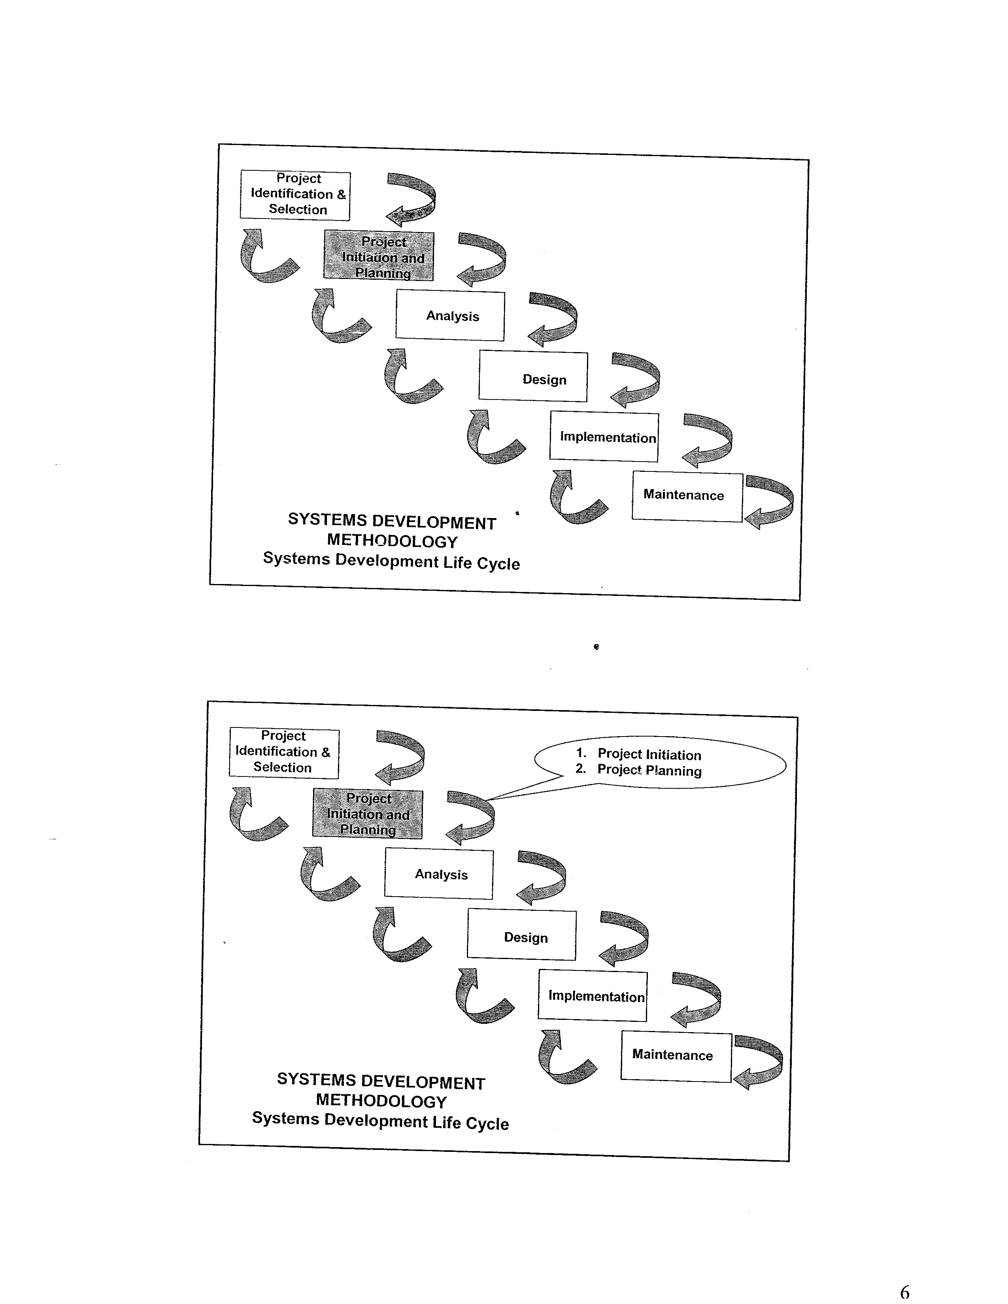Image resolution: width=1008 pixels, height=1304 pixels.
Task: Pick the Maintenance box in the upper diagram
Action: tap(687, 497)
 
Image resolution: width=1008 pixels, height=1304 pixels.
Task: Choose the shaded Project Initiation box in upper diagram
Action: tap(379, 256)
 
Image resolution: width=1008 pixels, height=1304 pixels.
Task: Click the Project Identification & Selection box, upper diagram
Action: tap(295, 195)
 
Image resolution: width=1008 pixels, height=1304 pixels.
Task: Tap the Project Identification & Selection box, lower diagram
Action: tap(284, 753)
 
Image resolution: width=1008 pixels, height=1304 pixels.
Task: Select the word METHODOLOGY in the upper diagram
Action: tap(393, 541)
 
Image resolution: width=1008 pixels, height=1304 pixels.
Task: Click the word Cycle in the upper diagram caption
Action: tap(498, 563)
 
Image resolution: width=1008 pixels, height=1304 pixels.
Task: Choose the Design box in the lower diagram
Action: tap(521, 936)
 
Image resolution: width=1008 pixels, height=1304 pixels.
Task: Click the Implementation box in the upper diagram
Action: tap(604, 437)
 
